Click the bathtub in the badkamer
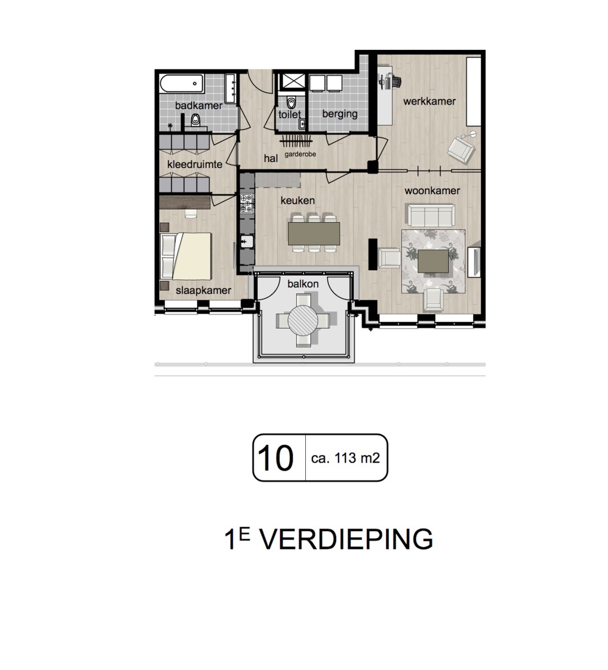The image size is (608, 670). tap(182, 83)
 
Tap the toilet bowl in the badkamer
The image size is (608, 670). tap(196, 120)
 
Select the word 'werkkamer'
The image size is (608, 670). tap(429, 101)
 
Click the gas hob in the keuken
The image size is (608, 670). tap(247, 203)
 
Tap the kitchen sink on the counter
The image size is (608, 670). tap(247, 242)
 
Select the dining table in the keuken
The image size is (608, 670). tap(314, 233)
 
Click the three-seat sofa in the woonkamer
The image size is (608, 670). tap(431, 215)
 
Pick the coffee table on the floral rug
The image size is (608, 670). tap(433, 261)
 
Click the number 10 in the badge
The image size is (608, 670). tap(275, 458)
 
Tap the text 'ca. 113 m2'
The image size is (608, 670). tap(345, 458)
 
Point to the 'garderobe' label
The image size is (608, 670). tap(300, 154)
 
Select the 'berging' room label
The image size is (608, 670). tap(340, 114)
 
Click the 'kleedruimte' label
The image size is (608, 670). tap(195, 164)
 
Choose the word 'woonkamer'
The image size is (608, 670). tap(432, 190)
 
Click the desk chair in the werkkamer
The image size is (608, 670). tap(396, 81)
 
